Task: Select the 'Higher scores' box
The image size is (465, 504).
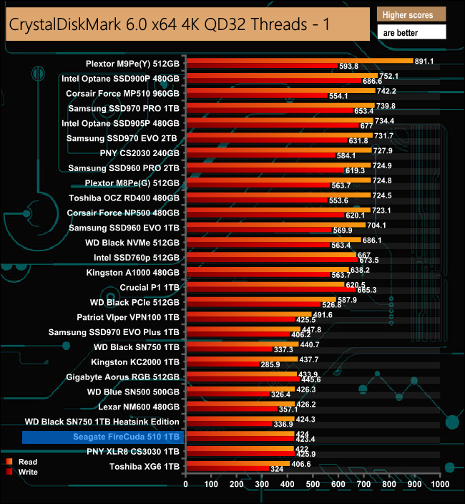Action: (411, 14)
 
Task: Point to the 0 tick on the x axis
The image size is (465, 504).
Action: (186, 485)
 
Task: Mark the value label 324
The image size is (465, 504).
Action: (277, 470)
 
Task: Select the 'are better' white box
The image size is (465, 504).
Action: (411, 32)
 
